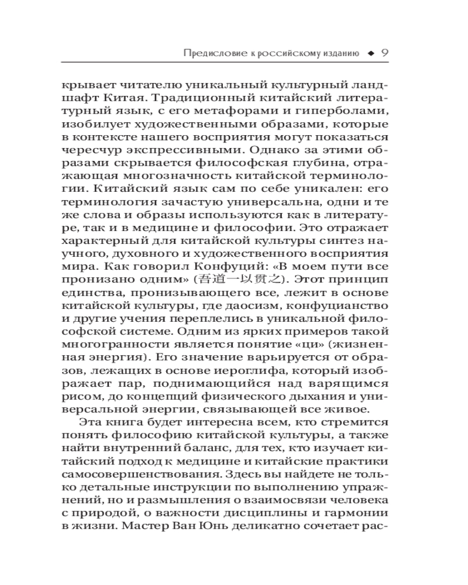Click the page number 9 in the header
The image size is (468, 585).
click(x=385, y=53)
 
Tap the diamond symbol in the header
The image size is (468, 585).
click(x=370, y=54)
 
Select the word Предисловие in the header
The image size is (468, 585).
click(x=209, y=54)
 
